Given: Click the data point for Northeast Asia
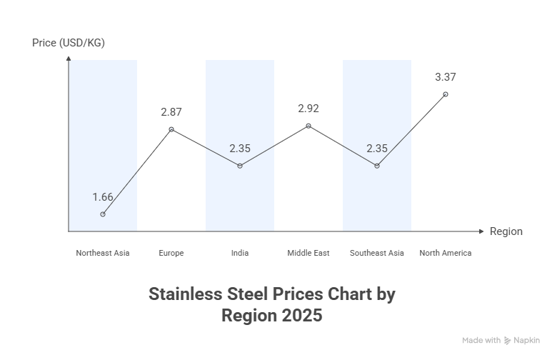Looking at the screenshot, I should point(103,214).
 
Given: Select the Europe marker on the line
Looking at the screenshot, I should point(171,129).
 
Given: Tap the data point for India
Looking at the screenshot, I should point(240,166).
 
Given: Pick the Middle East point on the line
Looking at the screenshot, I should point(308,126).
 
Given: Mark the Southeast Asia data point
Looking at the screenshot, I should point(377,166).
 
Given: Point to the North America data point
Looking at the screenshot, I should point(446,94).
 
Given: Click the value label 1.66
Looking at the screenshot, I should point(103,196).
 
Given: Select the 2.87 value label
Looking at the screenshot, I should point(171,112).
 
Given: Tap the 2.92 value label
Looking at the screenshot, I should point(308,109).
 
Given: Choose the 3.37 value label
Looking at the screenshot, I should point(446,77).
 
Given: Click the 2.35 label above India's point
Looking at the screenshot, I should point(240,149).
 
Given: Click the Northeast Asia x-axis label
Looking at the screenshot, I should point(103,253).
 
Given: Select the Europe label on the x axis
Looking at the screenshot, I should point(171,253).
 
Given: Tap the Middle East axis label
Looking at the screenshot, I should point(308,253).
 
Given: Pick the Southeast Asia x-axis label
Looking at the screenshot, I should point(377,253).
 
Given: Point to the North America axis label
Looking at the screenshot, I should point(446,253).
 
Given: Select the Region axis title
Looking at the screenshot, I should point(506,231).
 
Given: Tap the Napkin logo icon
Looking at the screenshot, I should point(507,341).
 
